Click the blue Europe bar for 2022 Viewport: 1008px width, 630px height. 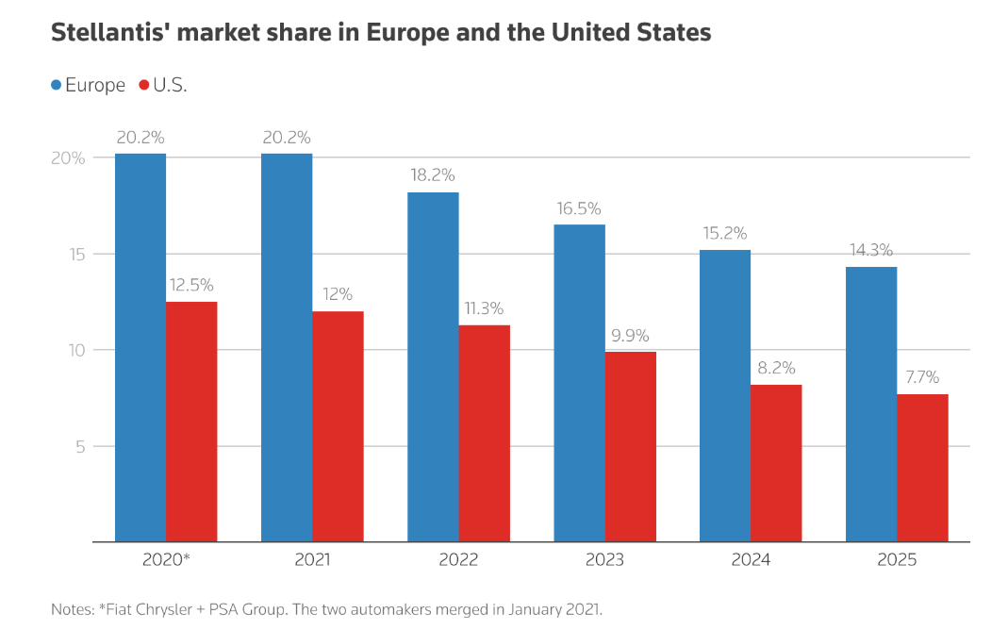433,367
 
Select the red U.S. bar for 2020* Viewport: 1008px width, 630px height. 191,422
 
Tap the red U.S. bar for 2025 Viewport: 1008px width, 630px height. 922,468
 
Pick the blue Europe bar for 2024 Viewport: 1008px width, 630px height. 725,395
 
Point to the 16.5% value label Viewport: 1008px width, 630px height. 579,208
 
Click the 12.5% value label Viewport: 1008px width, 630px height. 191,285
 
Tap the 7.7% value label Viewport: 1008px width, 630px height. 922,377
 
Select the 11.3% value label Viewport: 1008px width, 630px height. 484,308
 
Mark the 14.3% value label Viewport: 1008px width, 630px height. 870,251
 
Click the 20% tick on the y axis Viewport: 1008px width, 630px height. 68,158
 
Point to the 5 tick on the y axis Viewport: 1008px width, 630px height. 79,446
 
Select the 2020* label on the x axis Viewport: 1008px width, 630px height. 166,559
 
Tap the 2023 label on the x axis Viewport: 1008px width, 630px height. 604,559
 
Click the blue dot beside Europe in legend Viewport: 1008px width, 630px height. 57,85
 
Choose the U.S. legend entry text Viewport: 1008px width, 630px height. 170,85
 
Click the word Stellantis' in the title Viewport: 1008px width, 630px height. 106,33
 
